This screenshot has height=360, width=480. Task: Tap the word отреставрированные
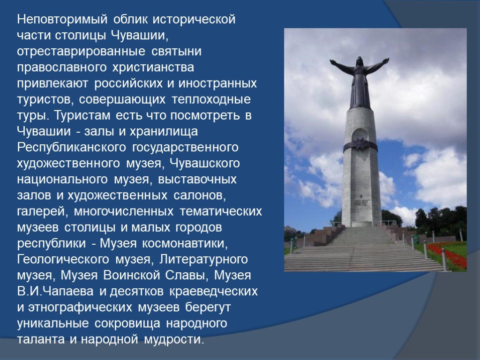click(x=81, y=51)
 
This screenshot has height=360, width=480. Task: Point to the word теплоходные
click(x=211, y=99)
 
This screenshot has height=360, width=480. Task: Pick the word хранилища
click(x=164, y=132)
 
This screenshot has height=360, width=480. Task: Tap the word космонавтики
click(x=185, y=244)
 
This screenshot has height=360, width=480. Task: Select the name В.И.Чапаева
click(x=55, y=291)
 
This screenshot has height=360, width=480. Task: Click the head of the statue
click(x=359, y=61)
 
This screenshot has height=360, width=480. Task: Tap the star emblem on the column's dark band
click(x=360, y=144)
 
